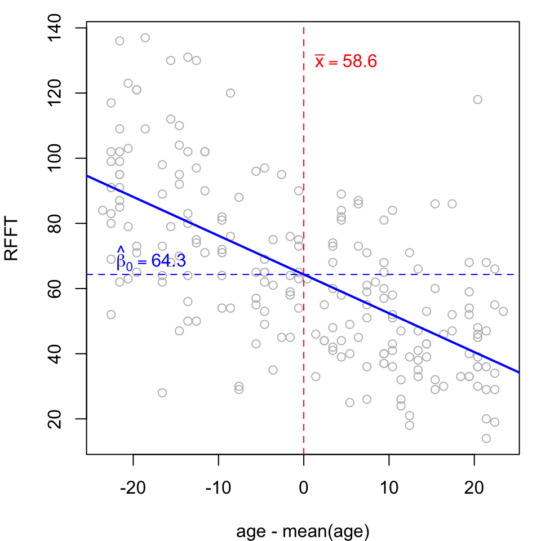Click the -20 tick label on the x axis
pos(133,488)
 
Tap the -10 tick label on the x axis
pos(218,488)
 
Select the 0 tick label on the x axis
pos(304,488)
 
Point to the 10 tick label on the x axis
pos(389,488)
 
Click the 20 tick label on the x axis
pos(474,488)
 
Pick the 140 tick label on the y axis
pos(55,28)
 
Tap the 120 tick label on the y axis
pos(55,93)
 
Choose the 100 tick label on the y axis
pos(55,158)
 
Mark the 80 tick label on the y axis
pos(55,223)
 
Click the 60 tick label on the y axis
pos(55,289)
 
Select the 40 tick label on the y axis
pos(55,354)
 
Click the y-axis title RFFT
pos(11,238)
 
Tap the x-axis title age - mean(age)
pos(303,531)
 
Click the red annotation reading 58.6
pos(360,61)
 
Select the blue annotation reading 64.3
pos(168,260)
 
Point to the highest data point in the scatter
pos(145,38)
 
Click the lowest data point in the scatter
pos(486,438)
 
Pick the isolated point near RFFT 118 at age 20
pos(477,99)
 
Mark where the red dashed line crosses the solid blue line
pos(304,274)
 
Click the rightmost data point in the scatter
pos(503,311)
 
